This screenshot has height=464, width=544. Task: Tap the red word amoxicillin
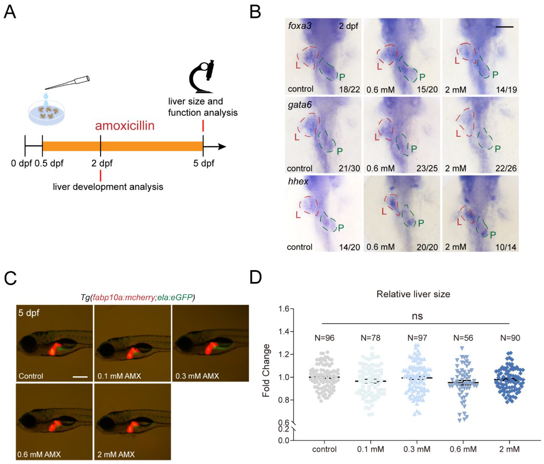coord(125,126)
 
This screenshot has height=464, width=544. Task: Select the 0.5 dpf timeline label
coord(49,163)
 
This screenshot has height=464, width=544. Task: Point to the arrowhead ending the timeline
coord(223,147)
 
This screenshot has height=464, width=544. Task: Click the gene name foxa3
coord(300,26)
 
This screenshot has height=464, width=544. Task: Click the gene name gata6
coord(300,105)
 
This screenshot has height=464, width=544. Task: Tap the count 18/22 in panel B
coord(349,89)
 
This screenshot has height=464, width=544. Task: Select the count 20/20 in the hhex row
coord(427,247)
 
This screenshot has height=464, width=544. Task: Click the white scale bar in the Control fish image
coord(80,377)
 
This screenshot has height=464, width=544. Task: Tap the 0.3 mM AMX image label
coord(197,376)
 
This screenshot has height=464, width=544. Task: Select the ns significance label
coord(417,316)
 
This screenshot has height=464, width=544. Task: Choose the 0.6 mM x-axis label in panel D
coord(463,449)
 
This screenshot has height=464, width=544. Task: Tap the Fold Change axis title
coord(266,370)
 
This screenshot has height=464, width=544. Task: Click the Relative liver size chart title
coord(413,294)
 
